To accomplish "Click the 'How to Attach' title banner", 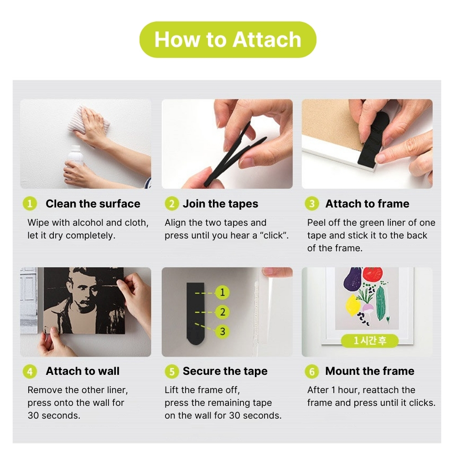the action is (228, 40).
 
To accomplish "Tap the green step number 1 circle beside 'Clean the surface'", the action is (30, 203).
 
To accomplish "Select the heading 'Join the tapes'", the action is (220, 203).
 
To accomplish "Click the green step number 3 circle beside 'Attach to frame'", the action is (312, 203).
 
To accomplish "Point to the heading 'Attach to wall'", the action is (83, 371).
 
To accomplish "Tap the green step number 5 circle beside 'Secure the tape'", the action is (172, 371).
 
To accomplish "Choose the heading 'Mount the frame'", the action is (370, 371).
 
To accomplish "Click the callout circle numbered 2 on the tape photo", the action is (223, 312).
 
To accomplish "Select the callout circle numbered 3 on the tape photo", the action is (223, 332).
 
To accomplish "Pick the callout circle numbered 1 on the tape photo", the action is (223, 292).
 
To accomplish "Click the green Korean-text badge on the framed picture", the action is (370, 341).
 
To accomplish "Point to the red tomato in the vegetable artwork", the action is (373, 274).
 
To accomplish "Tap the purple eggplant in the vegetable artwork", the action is (352, 279).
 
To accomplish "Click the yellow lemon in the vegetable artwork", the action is (353, 305).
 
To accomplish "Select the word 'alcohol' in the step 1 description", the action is (88, 223).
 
